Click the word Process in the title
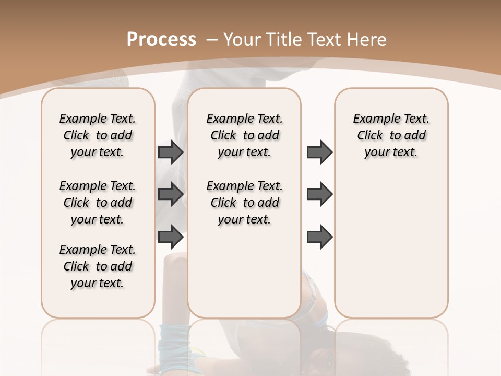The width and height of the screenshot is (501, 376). (x=161, y=40)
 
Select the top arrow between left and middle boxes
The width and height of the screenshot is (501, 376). (x=171, y=152)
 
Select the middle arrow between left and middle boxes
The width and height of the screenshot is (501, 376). (x=171, y=194)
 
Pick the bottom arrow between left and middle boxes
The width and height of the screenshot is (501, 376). (x=171, y=237)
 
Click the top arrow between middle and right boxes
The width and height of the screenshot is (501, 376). (x=319, y=152)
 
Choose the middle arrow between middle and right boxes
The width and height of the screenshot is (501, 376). (x=319, y=194)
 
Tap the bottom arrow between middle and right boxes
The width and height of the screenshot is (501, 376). (x=319, y=237)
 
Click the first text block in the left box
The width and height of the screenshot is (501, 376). (x=98, y=135)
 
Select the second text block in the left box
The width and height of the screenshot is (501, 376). (x=98, y=203)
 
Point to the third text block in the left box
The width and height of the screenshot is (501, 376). (x=98, y=266)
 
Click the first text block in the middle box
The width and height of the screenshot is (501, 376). (x=244, y=135)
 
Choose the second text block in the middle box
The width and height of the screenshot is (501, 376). (x=244, y=203)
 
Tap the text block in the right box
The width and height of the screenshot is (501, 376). (x=391, y=135)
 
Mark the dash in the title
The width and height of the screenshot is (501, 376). (x=212, y=40)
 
